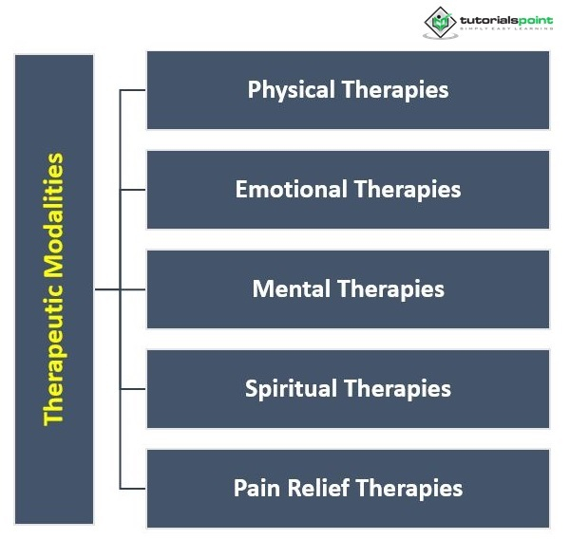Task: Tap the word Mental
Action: (x=291, y=288)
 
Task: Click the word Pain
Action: (x=256, y=489)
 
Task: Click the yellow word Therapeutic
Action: (x=55, y=355)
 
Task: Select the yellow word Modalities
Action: (x=55, y=214)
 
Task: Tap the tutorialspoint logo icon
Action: (x=438, y=21)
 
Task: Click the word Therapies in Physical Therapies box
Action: (x=395, y=90)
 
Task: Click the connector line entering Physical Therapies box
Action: (x=133, y=90)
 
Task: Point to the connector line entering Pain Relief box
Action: (x=133, y=489)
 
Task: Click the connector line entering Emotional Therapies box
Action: (x=133, y=190)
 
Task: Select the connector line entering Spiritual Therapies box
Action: (x=133, y=388)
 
